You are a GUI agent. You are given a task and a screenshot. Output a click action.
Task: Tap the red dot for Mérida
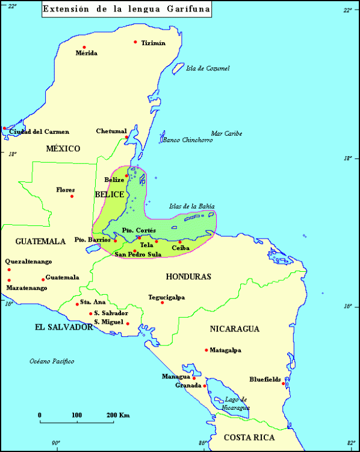tap(84, 47)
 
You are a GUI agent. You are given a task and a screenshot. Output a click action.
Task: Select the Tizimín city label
tap(153, 43)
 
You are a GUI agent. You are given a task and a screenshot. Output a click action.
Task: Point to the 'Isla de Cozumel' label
tap(208, 68)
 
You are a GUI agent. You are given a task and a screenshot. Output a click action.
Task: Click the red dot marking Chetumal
tap(127, 137)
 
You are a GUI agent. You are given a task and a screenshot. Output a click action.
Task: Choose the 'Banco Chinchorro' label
tap(187, 140)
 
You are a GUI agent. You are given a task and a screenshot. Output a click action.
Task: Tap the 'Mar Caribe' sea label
tap(226, 133)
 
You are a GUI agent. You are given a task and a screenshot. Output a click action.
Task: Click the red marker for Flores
tap(72, 196)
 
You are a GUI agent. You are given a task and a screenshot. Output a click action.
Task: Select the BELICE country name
tap(109, 194)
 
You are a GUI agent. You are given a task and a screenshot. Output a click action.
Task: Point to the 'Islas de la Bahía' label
tap(191, 206)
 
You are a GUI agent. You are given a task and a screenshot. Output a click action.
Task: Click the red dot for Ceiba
tap(179, 242)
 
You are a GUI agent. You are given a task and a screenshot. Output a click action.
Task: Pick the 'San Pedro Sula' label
tap(138, 254)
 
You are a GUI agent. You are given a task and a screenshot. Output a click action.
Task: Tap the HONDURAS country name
tap(188, 276)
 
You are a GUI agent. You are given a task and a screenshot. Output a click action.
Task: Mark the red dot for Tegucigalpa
tap(163, 302)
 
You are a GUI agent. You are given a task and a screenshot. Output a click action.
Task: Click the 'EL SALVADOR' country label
tap(63, 327)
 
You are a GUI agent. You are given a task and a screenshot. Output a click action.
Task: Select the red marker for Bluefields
tap(284, 383)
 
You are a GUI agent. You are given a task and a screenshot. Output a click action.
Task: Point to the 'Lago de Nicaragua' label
tap(235, 403)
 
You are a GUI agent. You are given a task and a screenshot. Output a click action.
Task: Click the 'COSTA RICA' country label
tap(249, 438)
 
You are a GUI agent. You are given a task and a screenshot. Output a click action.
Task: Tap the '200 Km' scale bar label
tap(119, 415)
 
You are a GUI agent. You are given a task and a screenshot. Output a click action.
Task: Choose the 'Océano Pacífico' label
tap(52, 361)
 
